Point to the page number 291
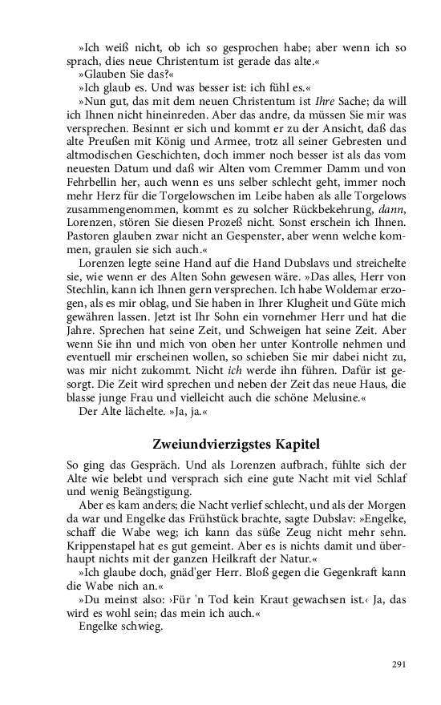[x=399, y=664]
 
